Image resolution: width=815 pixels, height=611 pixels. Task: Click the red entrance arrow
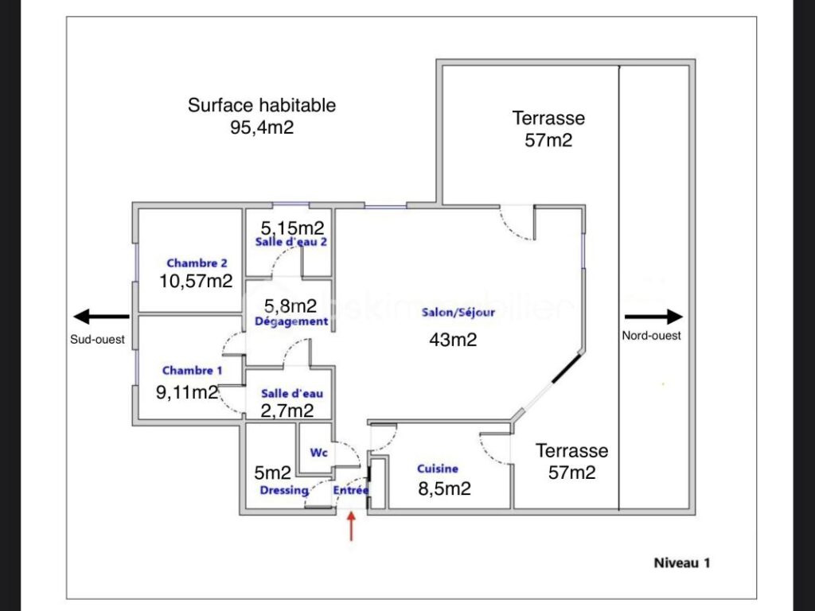[351, 527]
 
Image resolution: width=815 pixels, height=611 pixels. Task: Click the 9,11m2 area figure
[188, 391]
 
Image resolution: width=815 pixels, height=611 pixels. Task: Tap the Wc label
[319, 453]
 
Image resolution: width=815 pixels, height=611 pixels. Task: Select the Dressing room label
[284, 491]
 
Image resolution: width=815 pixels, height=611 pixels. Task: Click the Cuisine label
[438, 469]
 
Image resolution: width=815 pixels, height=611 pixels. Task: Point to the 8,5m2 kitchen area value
[444, 488]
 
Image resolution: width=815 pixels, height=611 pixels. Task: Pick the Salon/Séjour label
[458, 313]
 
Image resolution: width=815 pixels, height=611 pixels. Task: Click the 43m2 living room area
[453, 340]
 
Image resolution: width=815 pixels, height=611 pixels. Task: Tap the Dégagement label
[291, 322]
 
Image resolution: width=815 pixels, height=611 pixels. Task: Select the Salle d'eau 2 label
[291, 243]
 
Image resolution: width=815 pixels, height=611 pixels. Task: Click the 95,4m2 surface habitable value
[262, 127]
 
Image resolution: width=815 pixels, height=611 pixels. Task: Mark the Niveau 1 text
[681, 562]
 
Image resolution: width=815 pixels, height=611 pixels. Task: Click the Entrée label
[350, 490]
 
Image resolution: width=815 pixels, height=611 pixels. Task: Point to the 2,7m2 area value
[287, 411]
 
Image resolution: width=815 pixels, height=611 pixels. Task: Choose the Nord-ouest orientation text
[651, 336]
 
